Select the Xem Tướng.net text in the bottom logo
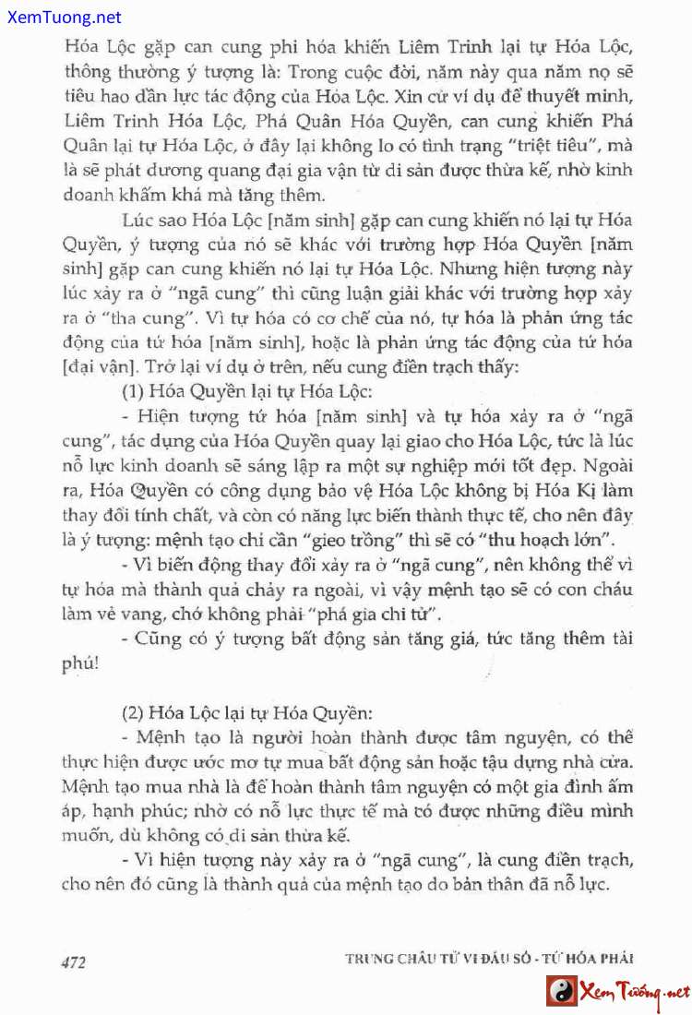coord(635,993)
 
